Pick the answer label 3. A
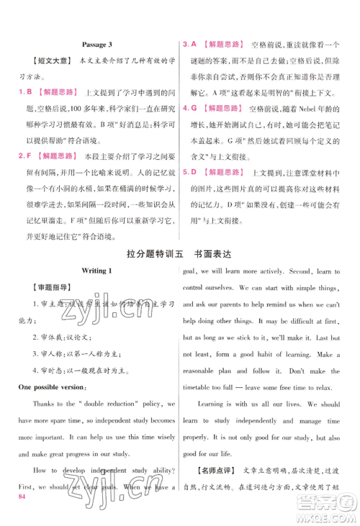(x=189, y=44)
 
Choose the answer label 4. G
(x=189, y=108)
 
